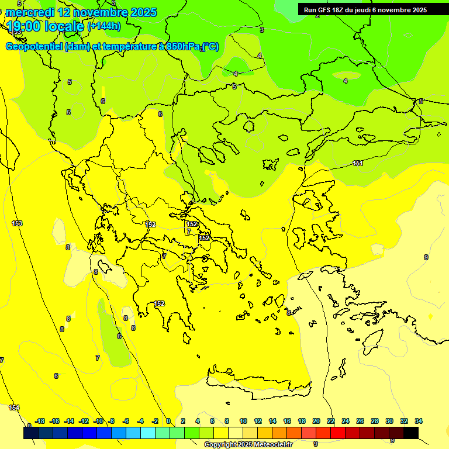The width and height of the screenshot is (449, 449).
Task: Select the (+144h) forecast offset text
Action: tap(104, 26)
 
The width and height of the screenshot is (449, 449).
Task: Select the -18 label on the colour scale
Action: tap(40, 421)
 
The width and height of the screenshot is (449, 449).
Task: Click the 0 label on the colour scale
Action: tap(168, 421)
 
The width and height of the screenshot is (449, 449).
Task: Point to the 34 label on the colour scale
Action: tap(419, 421)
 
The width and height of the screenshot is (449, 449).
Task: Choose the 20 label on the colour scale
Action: tap(316, 421)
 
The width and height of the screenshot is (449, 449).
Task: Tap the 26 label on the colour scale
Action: tap(360, 421)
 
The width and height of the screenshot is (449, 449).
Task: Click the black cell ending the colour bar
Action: tap(411, 433)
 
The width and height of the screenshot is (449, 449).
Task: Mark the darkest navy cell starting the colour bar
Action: tap(31, 433)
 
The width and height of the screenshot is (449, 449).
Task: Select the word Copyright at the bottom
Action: tap(220, 445)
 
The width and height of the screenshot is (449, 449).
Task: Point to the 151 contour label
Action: tap(358, 163)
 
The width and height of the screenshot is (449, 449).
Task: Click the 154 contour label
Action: tap(14, 407)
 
